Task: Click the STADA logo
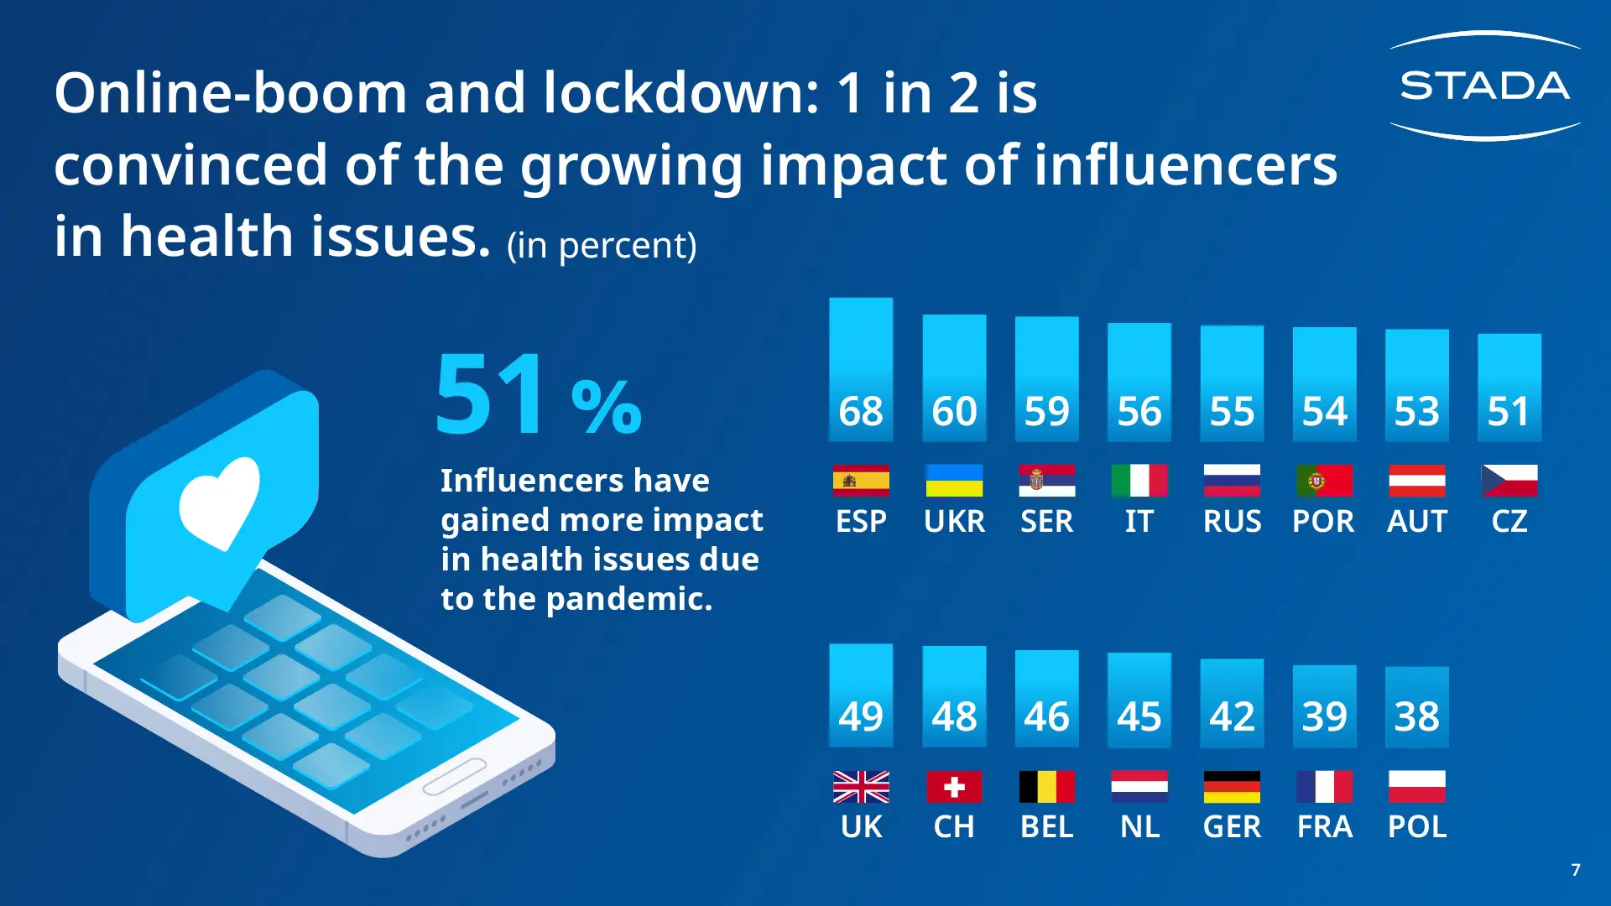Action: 1484,86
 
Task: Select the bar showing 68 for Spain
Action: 861,370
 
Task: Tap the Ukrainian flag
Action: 954,481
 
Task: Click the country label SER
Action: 1046,522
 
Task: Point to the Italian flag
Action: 1139,481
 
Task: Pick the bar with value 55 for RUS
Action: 1232,383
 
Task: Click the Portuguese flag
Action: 1324,481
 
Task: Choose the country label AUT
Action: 1417,522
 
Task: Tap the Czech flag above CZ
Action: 1509,481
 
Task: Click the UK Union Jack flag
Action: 861,787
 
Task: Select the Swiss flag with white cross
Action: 954,787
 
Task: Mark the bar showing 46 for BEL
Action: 1046,699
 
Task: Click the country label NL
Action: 1139,827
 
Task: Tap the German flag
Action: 1232,787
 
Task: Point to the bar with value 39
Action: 1324,706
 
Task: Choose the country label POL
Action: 1417,827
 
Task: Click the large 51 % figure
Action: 538,395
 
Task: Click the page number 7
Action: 1576,870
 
